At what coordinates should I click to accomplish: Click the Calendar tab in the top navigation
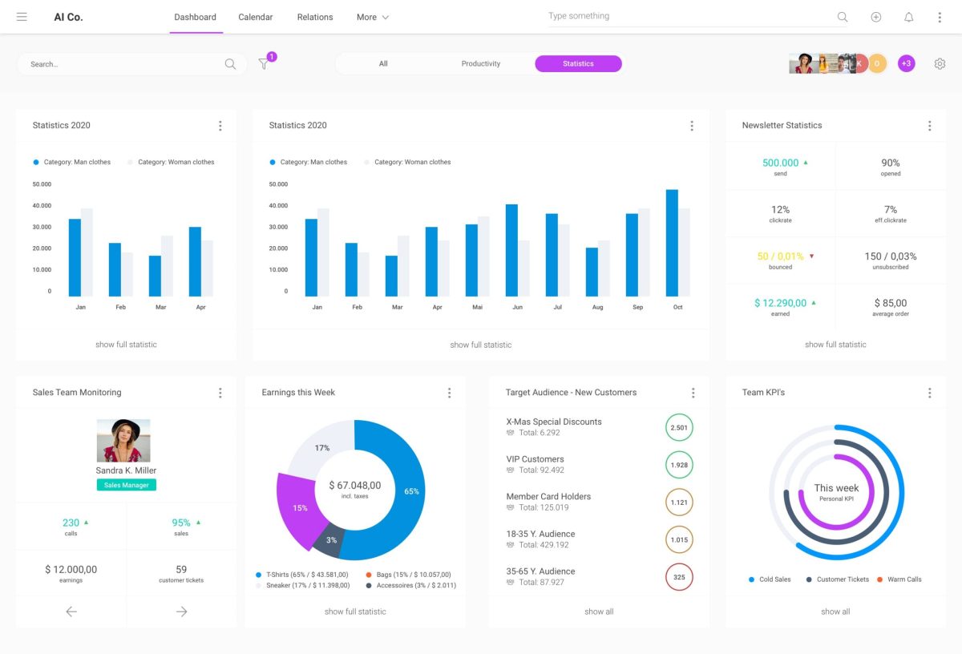(x=256, y=17)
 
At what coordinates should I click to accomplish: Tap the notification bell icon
(x=908, y=17)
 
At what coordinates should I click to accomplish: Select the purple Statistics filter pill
(x=578, y=64)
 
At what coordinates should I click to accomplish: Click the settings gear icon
(x=940, y=64)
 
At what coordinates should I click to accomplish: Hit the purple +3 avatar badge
(x=906, y=64)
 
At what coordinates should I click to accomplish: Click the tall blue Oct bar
(x=672, y=244)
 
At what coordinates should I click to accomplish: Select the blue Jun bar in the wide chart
(x=511, y=251)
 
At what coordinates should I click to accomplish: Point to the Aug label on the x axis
(x=597, y=307)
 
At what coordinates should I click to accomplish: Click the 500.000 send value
(x=780, y=163)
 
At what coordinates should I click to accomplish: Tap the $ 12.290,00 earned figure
(x=780, y=303)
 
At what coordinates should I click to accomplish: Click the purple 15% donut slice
(x=294, y=507)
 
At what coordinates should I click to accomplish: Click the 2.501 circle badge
(x=679, y=427)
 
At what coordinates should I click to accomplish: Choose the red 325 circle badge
(x=679, y=577)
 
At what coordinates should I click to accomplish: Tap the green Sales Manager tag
(x=127, y=485)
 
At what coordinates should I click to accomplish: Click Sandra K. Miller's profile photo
(x=123, y=440)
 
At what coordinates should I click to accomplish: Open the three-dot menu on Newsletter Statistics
(x=929, y=126)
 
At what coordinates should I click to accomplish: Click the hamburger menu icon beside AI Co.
(x=22, y=17)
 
